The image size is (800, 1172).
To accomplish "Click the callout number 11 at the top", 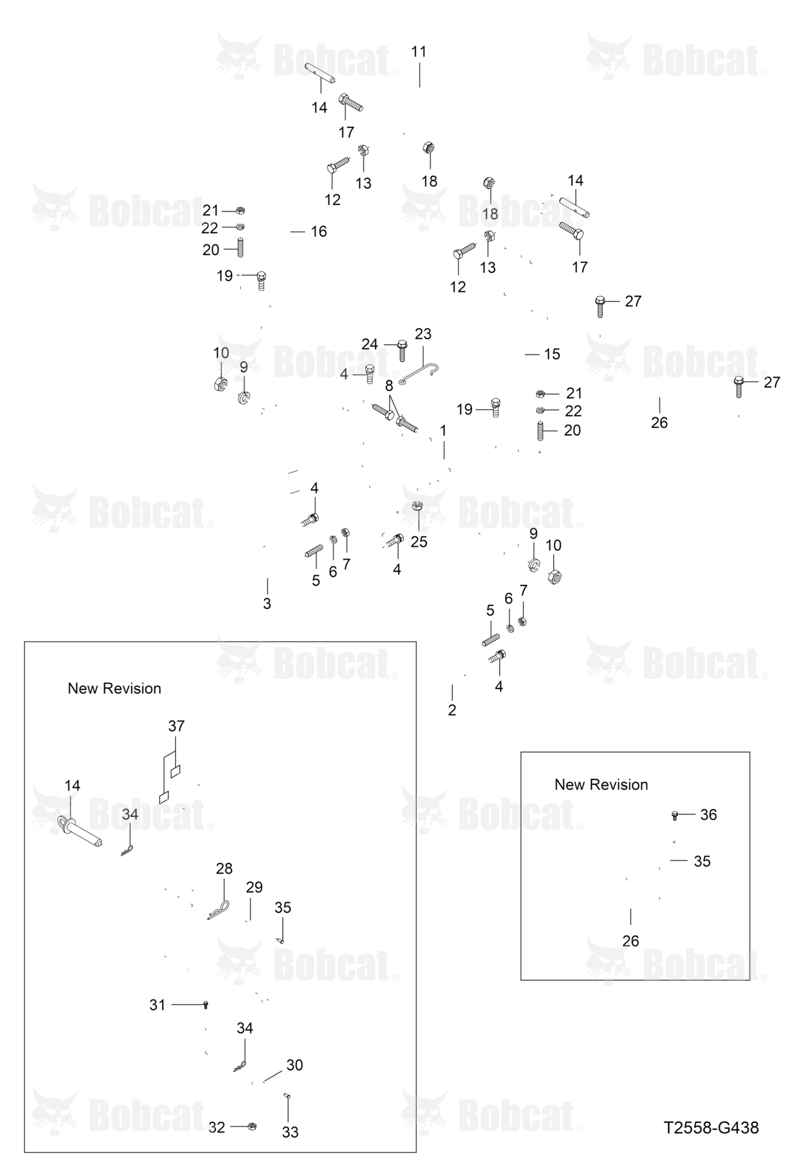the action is (418, 52).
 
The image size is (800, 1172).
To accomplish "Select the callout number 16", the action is (319, 231).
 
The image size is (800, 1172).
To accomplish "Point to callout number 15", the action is (552, 354).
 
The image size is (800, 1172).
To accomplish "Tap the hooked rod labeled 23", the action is (419, 374).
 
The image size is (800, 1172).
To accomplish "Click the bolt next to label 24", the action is (402, 350).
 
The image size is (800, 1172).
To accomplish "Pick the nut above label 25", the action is (417, 505).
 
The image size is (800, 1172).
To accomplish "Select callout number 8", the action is (389, 386).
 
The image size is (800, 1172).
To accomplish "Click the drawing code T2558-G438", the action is (711, 1127).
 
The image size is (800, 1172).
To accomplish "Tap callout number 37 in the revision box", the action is (176, 726).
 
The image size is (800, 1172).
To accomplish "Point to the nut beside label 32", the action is (252, 1126).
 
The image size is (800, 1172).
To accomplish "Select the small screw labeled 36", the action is (675, 815).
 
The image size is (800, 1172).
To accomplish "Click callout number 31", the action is (158, 1005).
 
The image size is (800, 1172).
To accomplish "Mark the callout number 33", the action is (290, 1133).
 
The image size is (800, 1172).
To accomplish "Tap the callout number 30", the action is (294, 1065).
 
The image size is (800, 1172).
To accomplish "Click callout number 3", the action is (267, 604).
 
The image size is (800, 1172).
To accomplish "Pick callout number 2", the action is (452, 710).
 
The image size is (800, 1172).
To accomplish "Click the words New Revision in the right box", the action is (601, 785).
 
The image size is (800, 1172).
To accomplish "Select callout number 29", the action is (254, 887).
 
